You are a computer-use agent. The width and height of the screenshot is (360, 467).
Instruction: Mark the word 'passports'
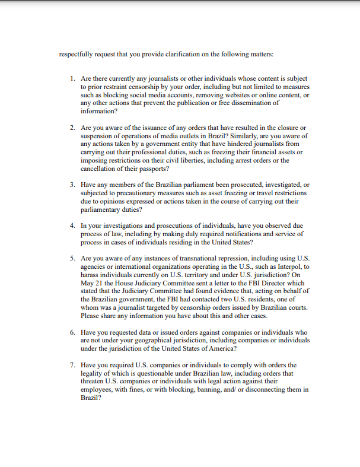[x=149, y=168]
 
